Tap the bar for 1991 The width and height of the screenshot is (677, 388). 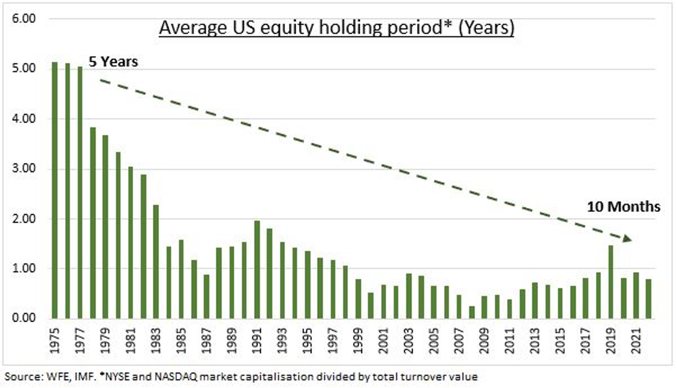(257, 270)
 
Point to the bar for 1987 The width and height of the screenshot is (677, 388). (206, 296)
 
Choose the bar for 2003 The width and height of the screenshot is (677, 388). (409, 296)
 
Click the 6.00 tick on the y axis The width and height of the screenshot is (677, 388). (24, 19)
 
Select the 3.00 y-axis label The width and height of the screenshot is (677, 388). (24, 169)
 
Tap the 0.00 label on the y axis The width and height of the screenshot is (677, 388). (24, 318)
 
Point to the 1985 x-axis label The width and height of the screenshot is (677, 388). (181, 340)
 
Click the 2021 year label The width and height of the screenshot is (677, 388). (636, 340)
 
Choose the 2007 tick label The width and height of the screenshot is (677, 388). (459, 340)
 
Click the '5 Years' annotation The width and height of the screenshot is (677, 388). (113, 62)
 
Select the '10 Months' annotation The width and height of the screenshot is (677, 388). (624, 207)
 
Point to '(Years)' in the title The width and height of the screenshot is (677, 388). (486, 28)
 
